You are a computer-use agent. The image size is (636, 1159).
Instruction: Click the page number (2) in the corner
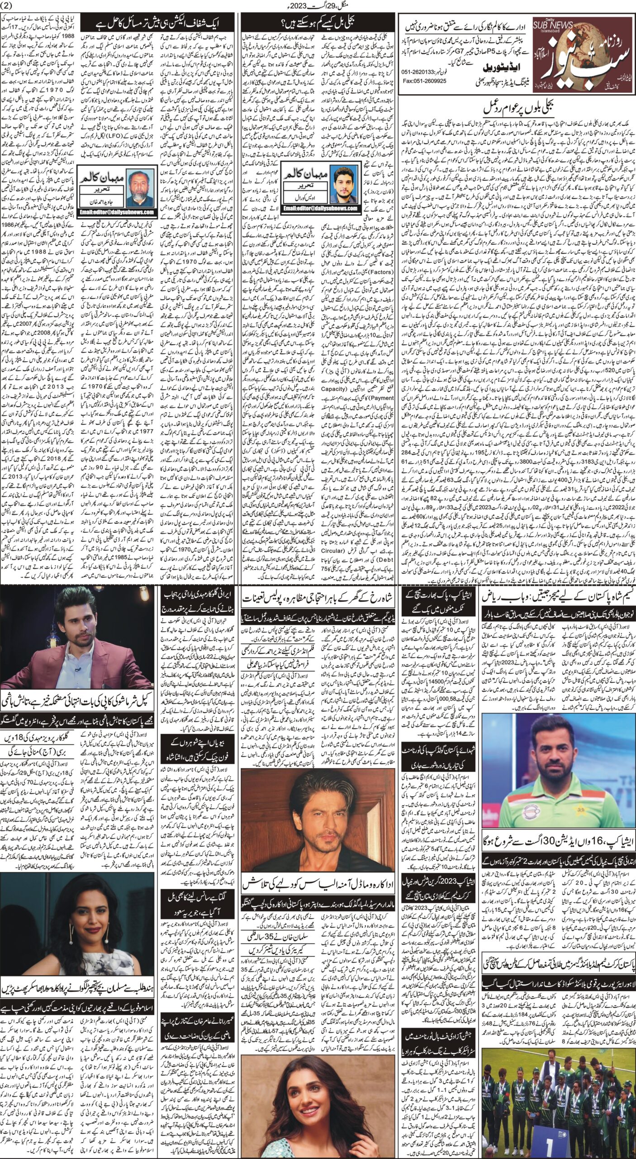[8, 5]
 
